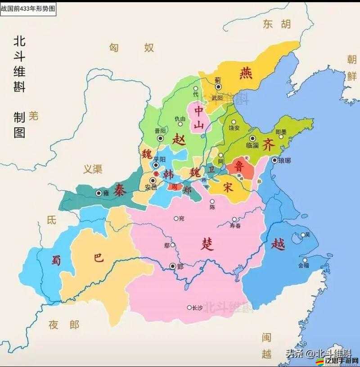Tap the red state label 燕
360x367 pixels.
[x=246, y=73]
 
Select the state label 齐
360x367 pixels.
[x=269, y=144]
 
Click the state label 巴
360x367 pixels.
[x=98, y=257]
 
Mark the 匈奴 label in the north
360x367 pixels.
[x=131, y=47]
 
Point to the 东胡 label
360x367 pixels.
[x=277, y=24]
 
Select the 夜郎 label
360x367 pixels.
[x=64, y=324]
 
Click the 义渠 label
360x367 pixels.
[x=93, y=169]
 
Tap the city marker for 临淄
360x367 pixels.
[x=252, y=138]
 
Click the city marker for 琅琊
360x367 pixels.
[x=275, y=160]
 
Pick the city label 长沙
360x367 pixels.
[x=197, y=308]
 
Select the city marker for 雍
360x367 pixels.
[x=99, y=193]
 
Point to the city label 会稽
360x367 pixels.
[x=304, y=266]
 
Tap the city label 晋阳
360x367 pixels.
[x=160, y=131]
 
